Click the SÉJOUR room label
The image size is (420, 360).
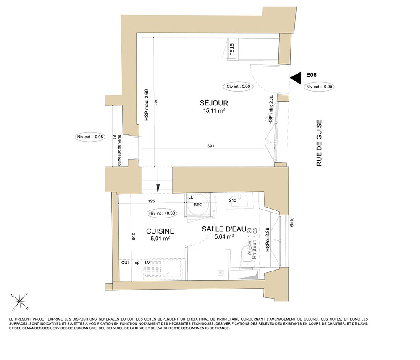[x=214, y=103]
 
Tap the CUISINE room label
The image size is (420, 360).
[x=160, y=231]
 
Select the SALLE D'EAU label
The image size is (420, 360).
[x=224, y=229]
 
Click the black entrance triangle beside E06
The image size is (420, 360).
[x=296, y=78]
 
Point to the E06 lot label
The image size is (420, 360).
[x=311, y=75]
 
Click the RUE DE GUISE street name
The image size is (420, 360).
[x=319, y=143]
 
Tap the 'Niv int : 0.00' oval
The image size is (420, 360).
[x=238, y=87]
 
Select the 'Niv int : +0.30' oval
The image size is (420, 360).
[x=162, y=213]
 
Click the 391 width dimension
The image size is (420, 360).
[x=210, y=146]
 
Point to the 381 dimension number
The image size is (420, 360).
[x=156, y=102]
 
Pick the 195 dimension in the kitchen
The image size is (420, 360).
[x=151, y=201]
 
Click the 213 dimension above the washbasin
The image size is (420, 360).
[x=233, y=200]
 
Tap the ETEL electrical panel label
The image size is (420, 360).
[x=232, y=49]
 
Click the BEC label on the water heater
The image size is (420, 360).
[x=198, y=205]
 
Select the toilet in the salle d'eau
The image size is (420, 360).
[x=247, y=256]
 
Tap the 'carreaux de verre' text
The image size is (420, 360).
[x=119, y=150]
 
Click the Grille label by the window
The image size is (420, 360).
[x=292, y=222]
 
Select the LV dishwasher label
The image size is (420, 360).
[x=147, y=263]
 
